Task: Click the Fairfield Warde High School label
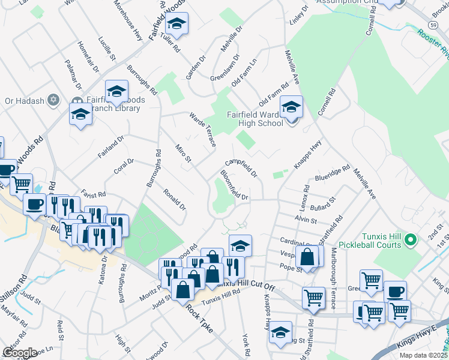point(255,119)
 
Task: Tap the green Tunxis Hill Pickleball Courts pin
point(411,241)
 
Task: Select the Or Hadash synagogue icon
point(53,100)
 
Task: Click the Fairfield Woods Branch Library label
point(106,104)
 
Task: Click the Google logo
point(20,353)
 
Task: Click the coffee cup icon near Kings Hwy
point(395,292)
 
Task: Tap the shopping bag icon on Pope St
point(307,257)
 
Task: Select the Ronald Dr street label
point(175,199)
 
